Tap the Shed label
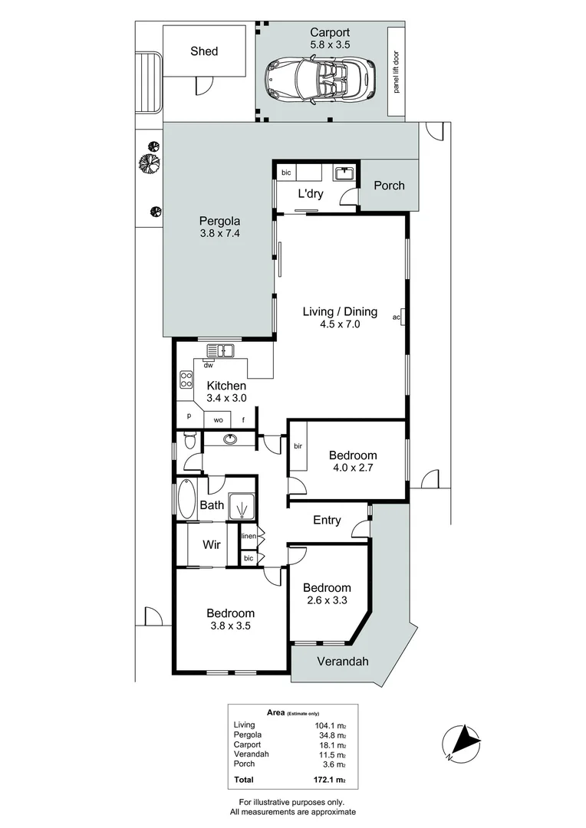click(x=204, y=51)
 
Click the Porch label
click(x=389, y=186)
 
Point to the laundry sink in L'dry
click(x=344, y=174)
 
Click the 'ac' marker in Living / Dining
click(x=397, y=317)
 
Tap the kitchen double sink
click(x=220, y=351)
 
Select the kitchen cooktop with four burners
click(x=186, y=379)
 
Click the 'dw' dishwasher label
click(x=208, y=366)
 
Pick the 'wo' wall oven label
click(x=218, y=420)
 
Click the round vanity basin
click(x=229, y=439)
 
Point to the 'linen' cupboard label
click(x=249, y=536)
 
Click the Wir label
click(x=212, y=545)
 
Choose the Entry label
click(x=328, y=521)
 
